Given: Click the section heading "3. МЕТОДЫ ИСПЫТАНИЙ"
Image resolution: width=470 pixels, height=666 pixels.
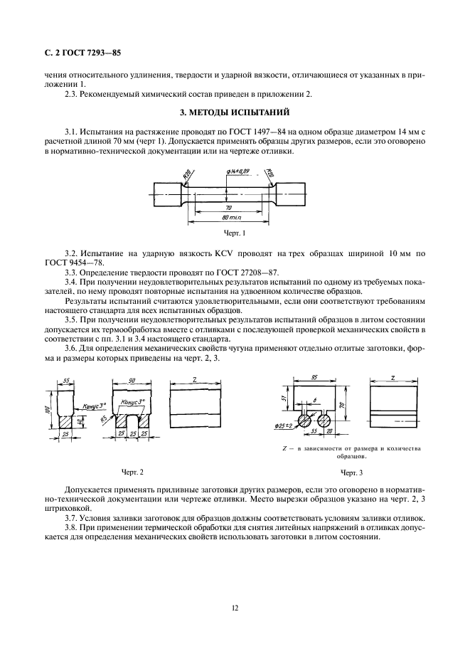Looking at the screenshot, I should click(235, 113).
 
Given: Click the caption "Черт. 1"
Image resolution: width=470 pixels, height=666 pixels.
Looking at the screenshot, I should click(235, 233).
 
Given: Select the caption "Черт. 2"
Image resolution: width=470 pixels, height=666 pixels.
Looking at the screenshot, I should click(132, 472).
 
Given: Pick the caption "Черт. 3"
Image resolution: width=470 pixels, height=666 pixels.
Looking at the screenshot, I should click(351, 472).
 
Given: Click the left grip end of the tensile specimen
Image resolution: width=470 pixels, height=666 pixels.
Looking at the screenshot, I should click(168, 194).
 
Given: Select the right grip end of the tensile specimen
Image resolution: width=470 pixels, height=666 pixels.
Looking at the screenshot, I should click(291, 194).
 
